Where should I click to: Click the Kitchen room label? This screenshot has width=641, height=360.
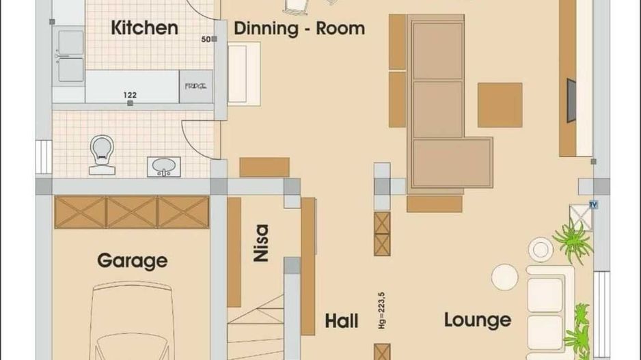144,28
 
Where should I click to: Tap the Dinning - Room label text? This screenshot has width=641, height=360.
299,29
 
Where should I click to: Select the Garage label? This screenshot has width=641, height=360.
132,260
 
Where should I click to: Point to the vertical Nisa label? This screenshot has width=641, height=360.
260,244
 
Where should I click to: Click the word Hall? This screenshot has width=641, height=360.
342,321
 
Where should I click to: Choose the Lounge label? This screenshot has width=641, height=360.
478,320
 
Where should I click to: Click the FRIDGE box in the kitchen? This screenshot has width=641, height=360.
196,87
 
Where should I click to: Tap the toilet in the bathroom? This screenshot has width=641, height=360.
102,151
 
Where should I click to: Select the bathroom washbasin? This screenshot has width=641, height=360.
163,166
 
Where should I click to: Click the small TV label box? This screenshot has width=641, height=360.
592,204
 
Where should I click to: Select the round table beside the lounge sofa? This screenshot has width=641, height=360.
505,277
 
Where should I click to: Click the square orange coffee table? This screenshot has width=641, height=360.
500,105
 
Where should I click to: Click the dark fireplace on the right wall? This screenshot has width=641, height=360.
571,100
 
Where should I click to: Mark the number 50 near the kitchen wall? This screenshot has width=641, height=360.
205,39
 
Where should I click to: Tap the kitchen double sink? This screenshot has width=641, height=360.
70,56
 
